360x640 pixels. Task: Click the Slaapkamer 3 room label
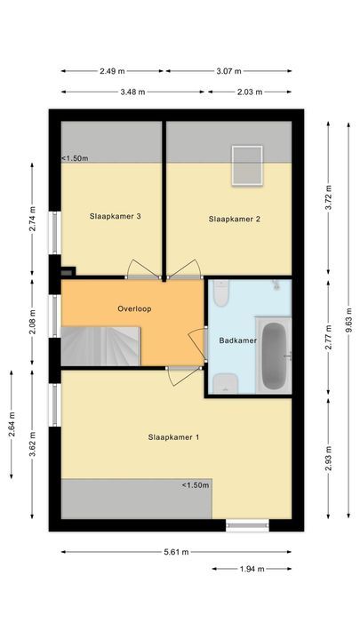click(x=116, y=215)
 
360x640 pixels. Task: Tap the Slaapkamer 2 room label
click(x=235, y=219)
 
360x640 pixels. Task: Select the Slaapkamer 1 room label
click(x=173, y=436)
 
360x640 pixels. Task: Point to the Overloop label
click(x=134, y=308)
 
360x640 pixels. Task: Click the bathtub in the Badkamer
click(x=274, y=355)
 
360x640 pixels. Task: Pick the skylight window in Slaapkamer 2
click(x=244, y=165)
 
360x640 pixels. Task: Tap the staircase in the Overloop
click(x=100, y=345)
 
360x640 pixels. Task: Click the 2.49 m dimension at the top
click(x=113, y=71)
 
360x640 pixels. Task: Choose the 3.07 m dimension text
click(x=229, y=71)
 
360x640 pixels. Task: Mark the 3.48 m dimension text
click(x=134, y=91)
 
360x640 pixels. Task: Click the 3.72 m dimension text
click(x=328, y=196)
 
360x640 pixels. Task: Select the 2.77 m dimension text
click(x=328, y=340)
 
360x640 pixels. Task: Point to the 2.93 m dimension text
click(x=328, y=452)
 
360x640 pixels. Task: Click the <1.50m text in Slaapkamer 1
click(x=195, y=485)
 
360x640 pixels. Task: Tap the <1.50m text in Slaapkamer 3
click(x=75, y=158)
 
